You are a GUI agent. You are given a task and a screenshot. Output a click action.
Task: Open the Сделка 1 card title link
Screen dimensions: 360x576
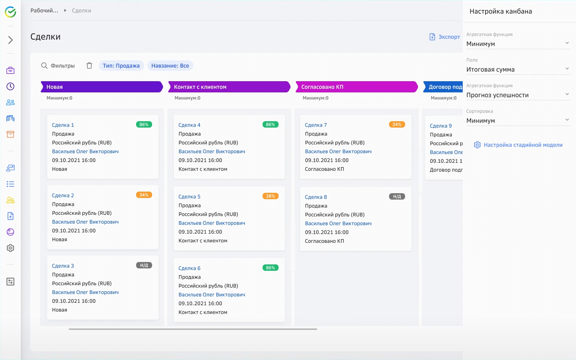pos(63,125)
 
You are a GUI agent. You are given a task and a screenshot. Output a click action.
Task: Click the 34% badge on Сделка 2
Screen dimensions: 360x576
pos(144,195)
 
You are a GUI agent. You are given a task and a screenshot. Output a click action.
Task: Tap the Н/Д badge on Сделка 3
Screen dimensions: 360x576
pos(144,266)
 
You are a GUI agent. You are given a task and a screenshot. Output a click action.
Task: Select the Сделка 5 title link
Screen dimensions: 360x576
pos(189,197)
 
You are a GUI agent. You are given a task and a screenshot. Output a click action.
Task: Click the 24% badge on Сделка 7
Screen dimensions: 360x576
pos(397,125)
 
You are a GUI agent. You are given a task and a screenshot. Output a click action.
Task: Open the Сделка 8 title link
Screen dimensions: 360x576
pos(316,197)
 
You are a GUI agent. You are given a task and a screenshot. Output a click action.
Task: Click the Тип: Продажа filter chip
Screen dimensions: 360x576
pos(121,66)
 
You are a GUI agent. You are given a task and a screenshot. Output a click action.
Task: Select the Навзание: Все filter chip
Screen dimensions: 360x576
pos(170,66)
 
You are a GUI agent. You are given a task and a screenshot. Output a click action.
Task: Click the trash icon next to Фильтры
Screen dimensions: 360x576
pos(89,66)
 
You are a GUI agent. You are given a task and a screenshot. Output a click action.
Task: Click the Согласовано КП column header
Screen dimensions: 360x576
pos(356,87)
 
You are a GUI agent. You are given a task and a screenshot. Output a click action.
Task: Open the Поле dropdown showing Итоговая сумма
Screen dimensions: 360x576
pos(518,70)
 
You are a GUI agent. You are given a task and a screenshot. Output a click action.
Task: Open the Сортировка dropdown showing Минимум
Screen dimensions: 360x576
pos(518,121)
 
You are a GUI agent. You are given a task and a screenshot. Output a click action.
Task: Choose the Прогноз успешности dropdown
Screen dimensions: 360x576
pos(518,95)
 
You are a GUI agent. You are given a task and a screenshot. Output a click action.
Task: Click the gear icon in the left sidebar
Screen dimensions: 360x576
pos(10,248)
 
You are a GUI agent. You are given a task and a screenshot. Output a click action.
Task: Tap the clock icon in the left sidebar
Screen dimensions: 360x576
pos(10,86)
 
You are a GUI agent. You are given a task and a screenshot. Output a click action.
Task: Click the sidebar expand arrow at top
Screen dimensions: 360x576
pos(10,40)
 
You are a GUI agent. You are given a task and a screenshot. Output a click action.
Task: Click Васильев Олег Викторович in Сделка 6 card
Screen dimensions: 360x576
pos(212,295)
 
